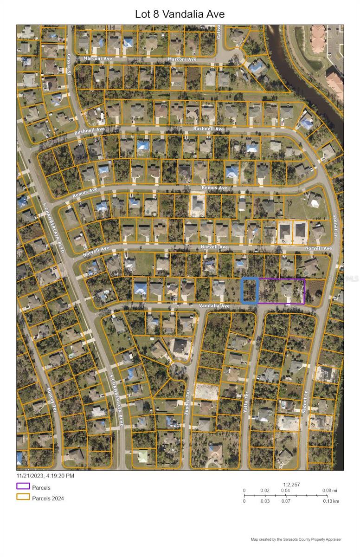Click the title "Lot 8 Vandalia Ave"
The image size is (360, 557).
tap(180, 14)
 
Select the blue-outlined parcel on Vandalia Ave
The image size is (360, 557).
tap(250, 291)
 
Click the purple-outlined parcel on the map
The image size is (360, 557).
tap(281, 291)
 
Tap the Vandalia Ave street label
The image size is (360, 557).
tap(214, 306)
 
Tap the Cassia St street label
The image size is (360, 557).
tap(69, 60)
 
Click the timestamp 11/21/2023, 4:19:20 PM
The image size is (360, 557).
tap(45, 475)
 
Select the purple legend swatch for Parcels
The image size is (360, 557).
tap(23, 486)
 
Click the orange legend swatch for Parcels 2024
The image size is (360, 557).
tap(23, 497)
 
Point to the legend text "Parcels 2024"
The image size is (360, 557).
tap(48, 499)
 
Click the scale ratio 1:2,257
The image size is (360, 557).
tap(291, 484)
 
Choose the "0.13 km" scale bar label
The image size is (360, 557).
tap(331, 501)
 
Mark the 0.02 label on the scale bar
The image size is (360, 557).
tap(265, 490)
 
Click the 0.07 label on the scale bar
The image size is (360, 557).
tap(286, 501)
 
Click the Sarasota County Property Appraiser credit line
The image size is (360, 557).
tap(296, 539)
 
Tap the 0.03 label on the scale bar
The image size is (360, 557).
tap(265, 501)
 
